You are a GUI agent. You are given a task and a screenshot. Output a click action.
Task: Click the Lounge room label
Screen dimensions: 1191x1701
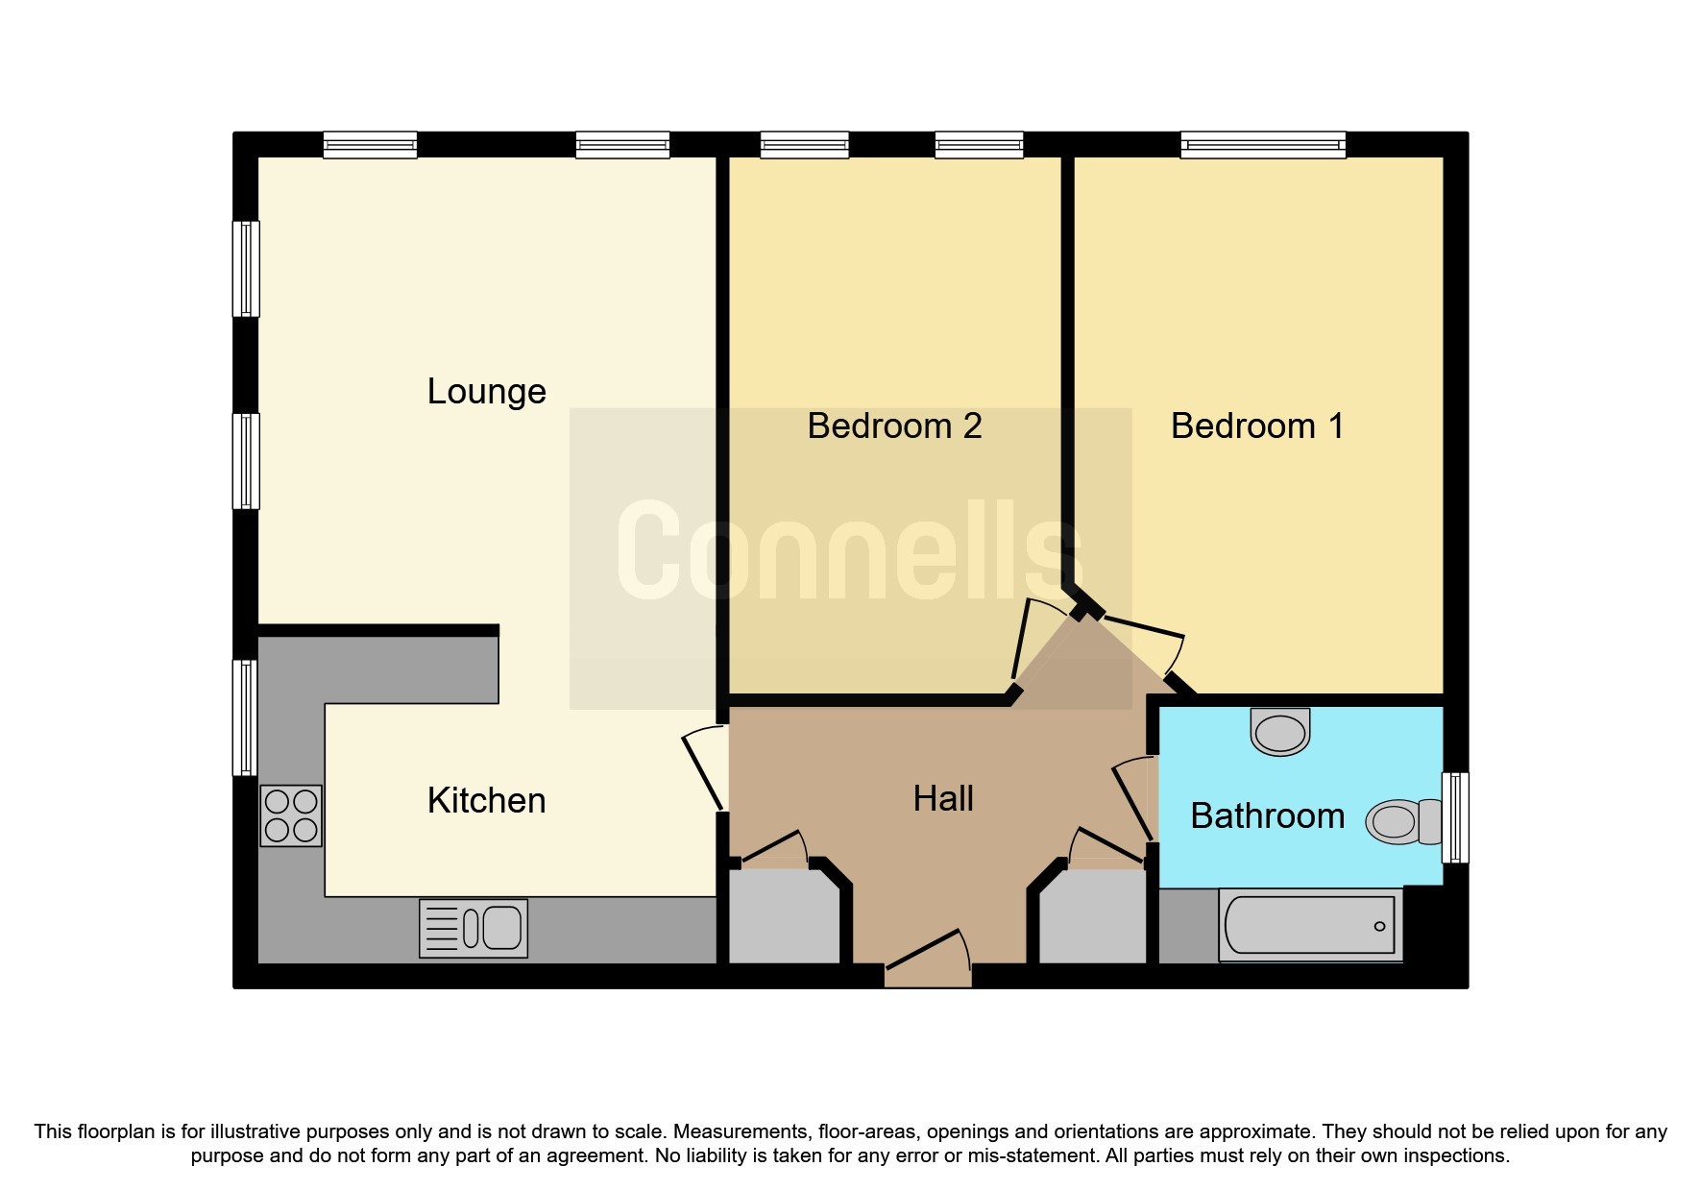(486, 392)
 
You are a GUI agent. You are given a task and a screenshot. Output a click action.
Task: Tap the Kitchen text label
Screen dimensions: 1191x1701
(486, 801)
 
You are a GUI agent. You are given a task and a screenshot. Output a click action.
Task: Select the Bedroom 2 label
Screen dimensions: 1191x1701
(894, 426)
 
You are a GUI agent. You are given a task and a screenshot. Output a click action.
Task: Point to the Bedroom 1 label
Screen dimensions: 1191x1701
(1256, 426)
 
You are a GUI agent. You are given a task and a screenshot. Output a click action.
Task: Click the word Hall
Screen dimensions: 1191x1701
(943, 799)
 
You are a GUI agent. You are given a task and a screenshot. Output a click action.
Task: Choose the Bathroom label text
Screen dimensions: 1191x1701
(1267, 816)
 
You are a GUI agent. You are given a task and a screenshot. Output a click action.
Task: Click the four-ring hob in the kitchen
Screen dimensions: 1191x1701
(291, 815)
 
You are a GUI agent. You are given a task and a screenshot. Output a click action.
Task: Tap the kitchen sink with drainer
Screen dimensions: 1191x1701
(474, 928)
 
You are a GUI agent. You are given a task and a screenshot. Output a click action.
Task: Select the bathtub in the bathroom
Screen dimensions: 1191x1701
(1310, 926)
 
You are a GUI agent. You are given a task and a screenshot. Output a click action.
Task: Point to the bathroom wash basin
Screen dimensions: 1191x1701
(1280, 732)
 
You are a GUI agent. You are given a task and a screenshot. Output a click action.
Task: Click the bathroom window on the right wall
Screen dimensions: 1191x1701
(1456, 817)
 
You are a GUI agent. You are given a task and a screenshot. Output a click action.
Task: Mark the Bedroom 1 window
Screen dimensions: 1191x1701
(1262, 145)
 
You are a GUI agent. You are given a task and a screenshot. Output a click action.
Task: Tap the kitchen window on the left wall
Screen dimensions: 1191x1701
(246, 717)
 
